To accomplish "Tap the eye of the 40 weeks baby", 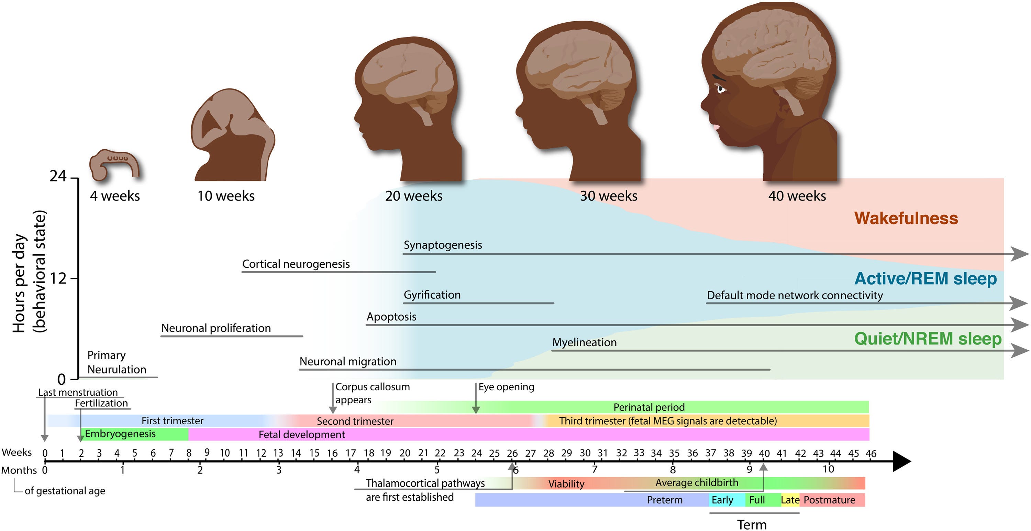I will pyautogui.click(x=721, y=89).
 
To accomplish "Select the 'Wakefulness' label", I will pyautogui.click(x=906, y=219).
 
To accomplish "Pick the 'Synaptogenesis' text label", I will pyautogui.click(x=442, y=245).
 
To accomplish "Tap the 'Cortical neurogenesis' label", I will pyautogui.click(x=296, y=264).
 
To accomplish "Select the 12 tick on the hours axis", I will pyautogui.click(x=58, y=278).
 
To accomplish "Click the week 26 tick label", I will pyautogui.click(x=512, y=453).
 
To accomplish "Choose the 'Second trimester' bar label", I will pyautogui.click(x=355, y=421).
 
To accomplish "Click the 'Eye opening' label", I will pyautogui.click(x=506, y=387).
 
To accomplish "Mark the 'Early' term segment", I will pyautogui.click(x=722, y=500).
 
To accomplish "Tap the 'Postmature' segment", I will pyautogui.click(x=829, y=500).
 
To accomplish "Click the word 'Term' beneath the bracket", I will pyautogui.click(x=752, y=524).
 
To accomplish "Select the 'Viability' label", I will pyautogui.click(x=566, y=484).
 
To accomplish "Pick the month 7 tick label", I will pyautogui.click(x=595, y=469).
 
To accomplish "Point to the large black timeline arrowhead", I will pyautogui.click(x=901, y=461).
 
